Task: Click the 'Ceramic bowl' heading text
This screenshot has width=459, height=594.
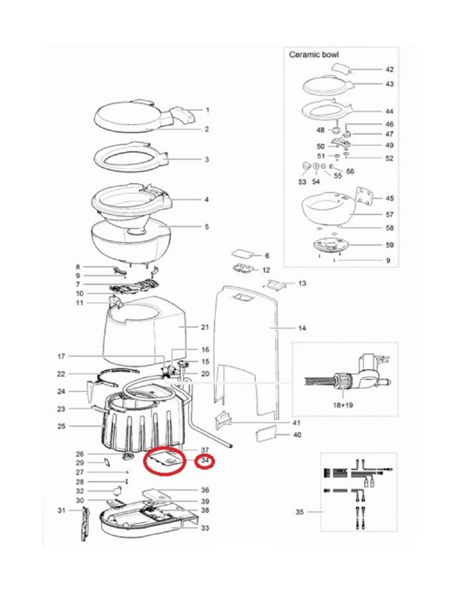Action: [x=314, y=55]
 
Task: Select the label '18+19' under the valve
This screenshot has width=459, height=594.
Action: [x=343, y=405]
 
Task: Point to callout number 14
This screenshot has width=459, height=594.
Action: [x=302, y=328]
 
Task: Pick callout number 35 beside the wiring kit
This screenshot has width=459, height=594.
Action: [x=300, y=512]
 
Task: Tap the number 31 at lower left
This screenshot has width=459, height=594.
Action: [x=61, y=510]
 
